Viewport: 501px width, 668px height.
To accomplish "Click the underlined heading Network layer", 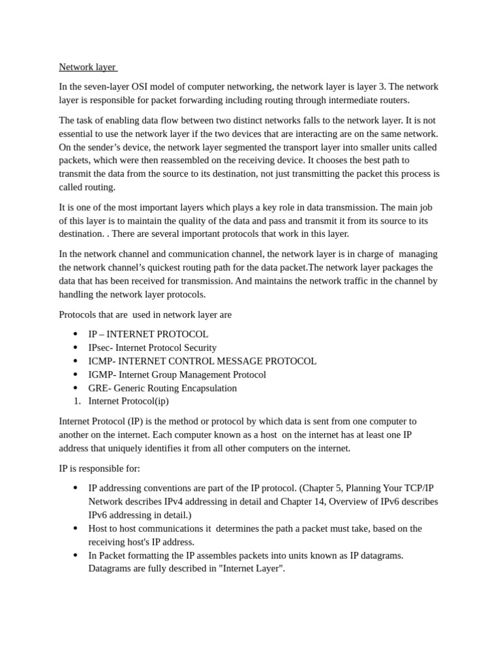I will click(87, 67).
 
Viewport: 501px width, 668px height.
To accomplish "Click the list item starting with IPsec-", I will click(152, 348).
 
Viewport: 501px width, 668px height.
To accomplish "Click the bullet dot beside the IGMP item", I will click(76, 374).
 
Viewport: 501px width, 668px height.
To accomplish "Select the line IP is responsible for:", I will click(99, 468).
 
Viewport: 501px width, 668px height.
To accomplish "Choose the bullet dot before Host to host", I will click(76, 528).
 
